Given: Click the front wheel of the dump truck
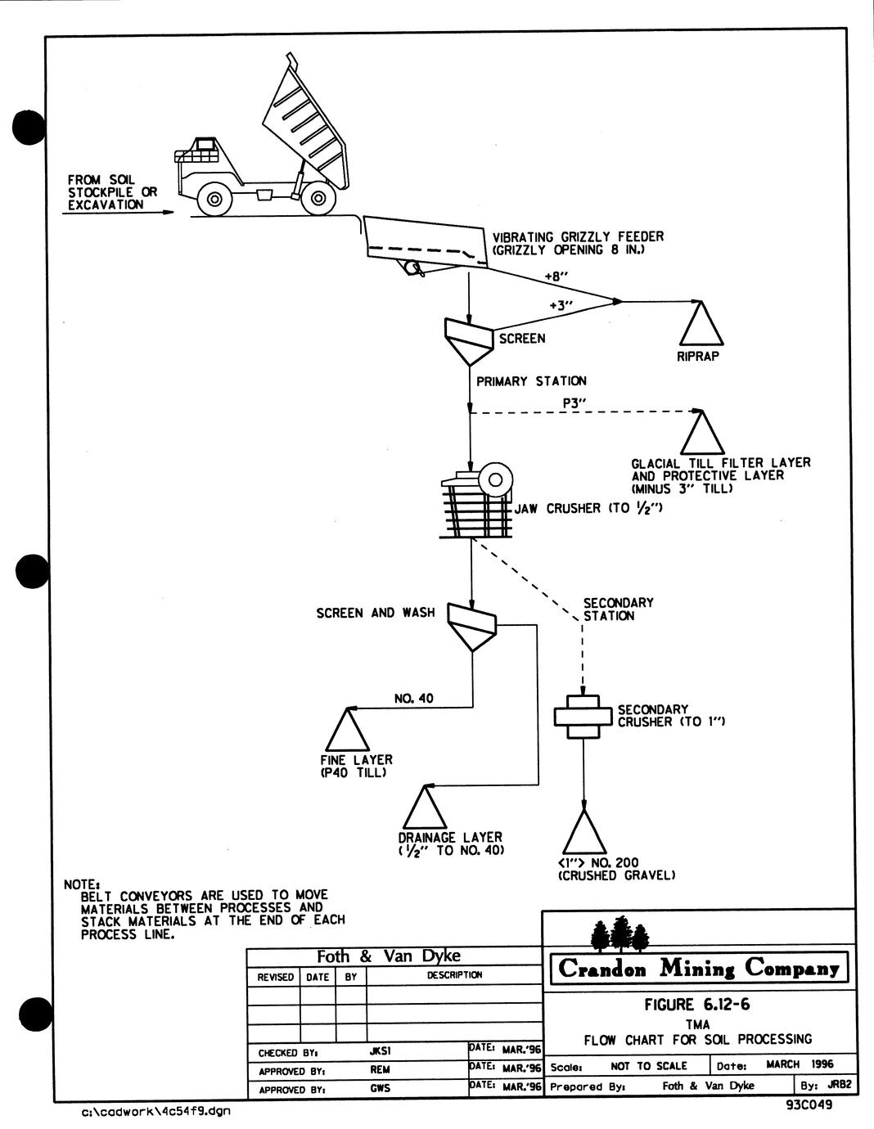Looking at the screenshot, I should coord(214,199).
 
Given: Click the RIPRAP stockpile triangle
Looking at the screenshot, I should coord(701,324).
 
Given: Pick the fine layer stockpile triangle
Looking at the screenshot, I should coord(348,730).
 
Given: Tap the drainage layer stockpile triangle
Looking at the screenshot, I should coord(425,807).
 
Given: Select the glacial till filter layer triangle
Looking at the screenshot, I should coord(701,433).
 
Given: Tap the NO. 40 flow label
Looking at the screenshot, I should coord(414,699).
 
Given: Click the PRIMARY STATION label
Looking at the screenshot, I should coord(531,381).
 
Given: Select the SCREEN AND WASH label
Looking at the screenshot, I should coord(376,613).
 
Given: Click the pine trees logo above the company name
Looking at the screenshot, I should coord(619,933).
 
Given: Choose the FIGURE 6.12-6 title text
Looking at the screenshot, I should coord(697,1005).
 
